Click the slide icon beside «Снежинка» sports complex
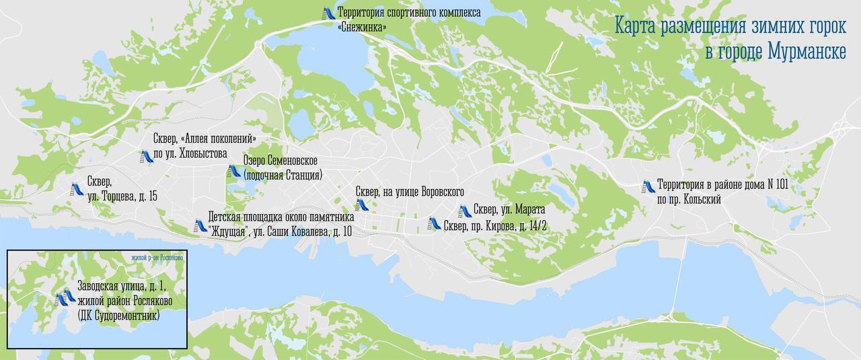pos(329,13)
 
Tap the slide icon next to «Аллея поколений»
pos(146,157)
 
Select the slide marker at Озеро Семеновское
pos(234,171)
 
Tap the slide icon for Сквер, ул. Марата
pos(463,211)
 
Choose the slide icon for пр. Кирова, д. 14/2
pos(435,224)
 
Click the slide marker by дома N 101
pos(648,186)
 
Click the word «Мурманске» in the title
pos(802,52)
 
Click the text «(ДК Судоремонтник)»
pos(118,316)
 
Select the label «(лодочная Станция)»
pos(283,175)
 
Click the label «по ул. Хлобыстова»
pos(190,153)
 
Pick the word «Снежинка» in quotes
pos(363,27)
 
